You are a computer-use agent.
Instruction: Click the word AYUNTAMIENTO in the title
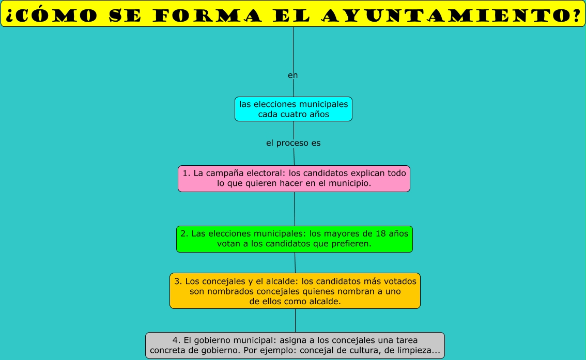tap(450, 15)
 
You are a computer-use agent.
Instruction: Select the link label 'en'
tap(293, 75)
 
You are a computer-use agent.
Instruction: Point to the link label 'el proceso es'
tap(293, 143)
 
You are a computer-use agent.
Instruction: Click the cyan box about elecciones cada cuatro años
tap(294, 109)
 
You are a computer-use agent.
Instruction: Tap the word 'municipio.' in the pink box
tap(349, 183)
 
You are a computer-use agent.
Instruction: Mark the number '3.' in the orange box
tap(178, 281)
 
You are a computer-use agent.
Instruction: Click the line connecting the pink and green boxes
tap(295, 209)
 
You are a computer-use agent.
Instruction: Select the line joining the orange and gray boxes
tap(295, 320)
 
